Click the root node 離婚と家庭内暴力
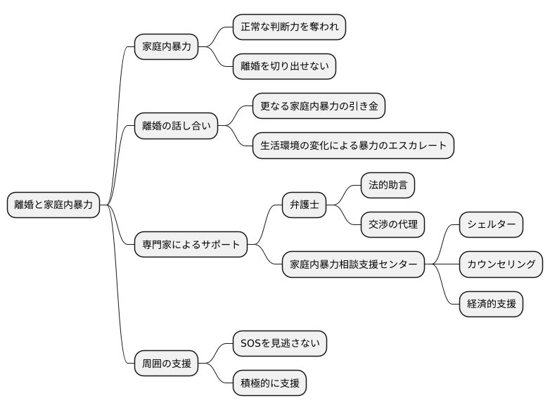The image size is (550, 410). pyautogui.click(x=53, y=205)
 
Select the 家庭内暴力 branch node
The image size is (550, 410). pyautogui.click(x=167, y=47)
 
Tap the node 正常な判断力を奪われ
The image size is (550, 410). pyautogui.click(x=289, y=27)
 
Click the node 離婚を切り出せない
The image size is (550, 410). pyautogui.click(x=284, y=67)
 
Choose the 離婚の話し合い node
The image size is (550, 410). pyautogui.click(x=176, y=126)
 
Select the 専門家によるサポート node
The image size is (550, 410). pyautogui.click(x=191, y=245)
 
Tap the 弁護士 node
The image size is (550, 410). pyautogui.click(x=304, y=205)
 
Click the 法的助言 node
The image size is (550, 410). pyautogui.click(x=388, y=186)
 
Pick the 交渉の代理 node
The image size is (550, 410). pyautogui.click(x=392, y=225)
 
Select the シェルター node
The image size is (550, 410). pyautogui.click(x=491, y=225)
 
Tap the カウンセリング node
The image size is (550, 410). pyautogui.click(x=501, y=264)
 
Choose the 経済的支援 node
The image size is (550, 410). pyautogui.click(x=491, y=304)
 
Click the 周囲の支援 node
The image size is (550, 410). pyautogui.click(x=167, y=364)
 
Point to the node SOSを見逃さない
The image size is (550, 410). pyautogui.click(x=280, y=344)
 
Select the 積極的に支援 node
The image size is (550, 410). pyautogui.click(x=270, y=383)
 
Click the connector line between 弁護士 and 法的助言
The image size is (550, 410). pyautogui.click(x=345, y=194)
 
